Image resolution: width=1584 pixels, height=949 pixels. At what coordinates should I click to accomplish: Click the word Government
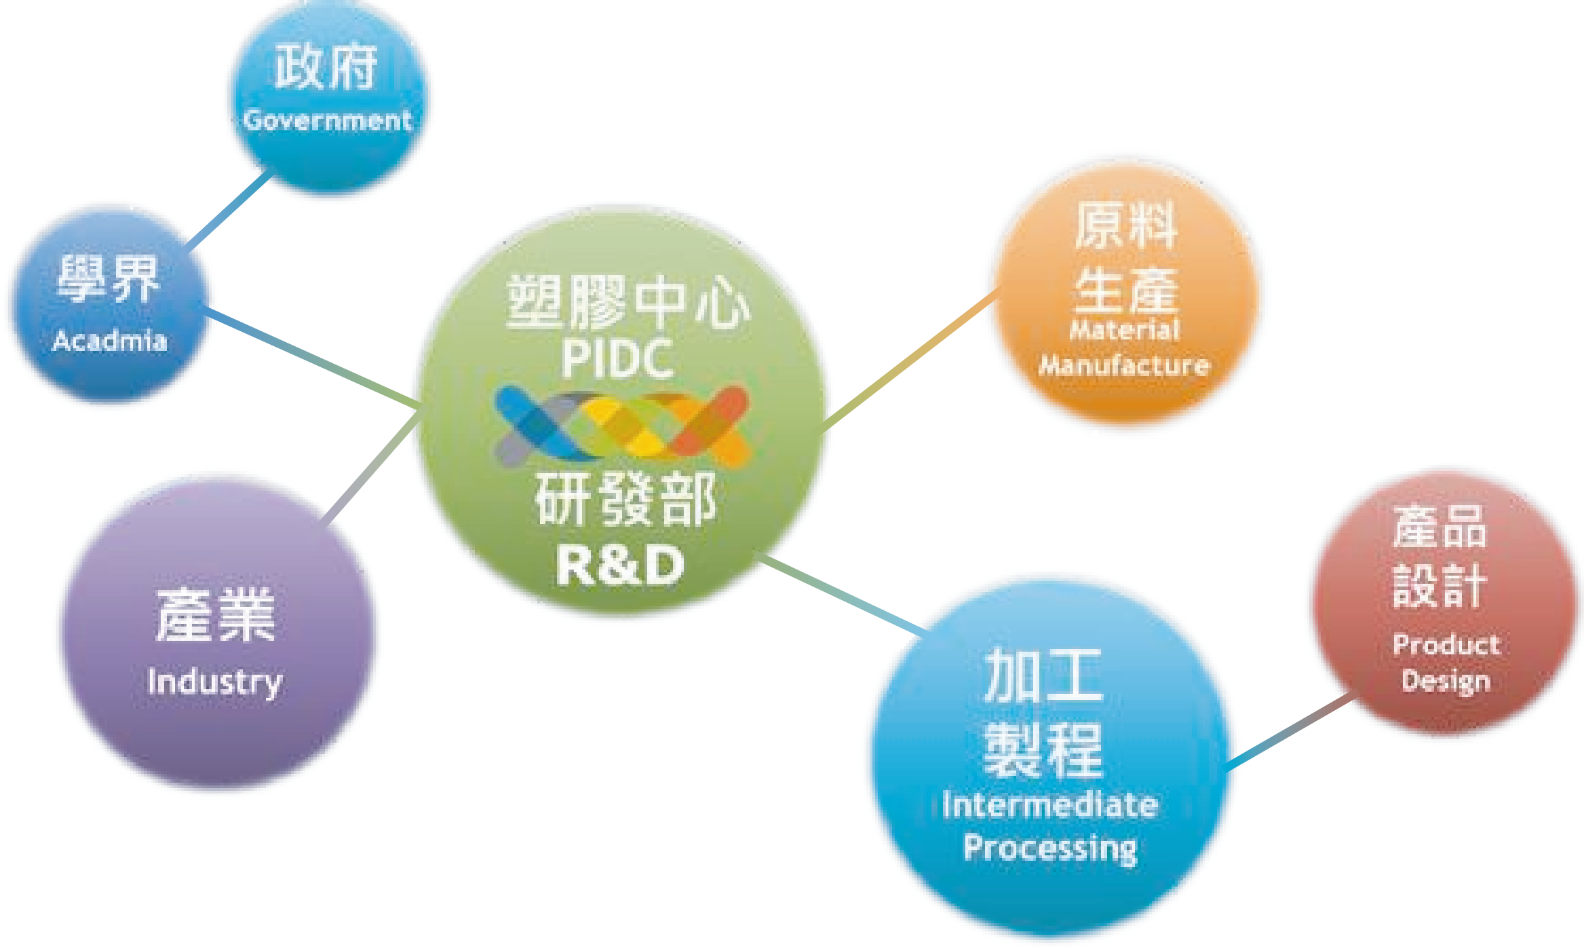tap(328, 121)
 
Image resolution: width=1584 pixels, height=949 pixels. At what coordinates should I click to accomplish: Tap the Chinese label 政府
tap(326, 68)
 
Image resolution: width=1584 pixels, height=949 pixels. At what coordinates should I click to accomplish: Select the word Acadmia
tap(109, 340)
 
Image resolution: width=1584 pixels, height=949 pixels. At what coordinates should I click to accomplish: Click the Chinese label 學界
tap(109, 279)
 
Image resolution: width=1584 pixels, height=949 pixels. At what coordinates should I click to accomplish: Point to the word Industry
tap(214, 682)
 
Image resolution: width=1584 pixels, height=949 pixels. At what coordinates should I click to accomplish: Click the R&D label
tap(619, 565)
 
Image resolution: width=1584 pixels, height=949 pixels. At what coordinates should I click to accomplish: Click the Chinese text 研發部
tap(625, 499)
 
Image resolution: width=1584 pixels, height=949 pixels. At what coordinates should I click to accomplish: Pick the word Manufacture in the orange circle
tap(1124, 366)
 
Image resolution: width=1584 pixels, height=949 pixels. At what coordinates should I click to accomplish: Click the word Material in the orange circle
tap(1125, 330)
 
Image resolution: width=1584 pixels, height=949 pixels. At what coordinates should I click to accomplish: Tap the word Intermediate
tap(1050, 805)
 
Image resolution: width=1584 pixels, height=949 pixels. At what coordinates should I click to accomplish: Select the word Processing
tap(1050, 848)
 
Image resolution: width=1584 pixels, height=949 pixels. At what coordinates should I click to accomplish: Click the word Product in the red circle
tap(1446, 644)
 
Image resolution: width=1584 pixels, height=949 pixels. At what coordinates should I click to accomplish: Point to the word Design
tap(1446, 681)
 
